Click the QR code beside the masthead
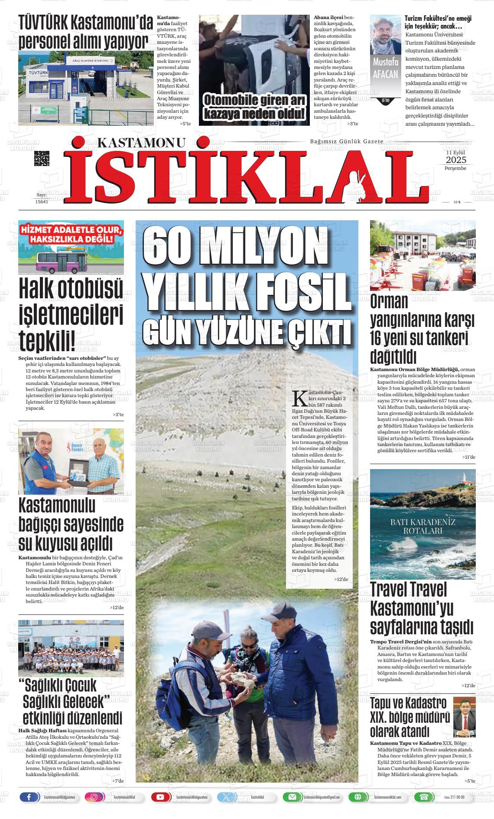point(42,159)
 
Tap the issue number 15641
point(41,202)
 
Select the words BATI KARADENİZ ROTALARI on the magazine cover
point(422,526)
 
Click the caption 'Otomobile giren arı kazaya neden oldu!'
point(254,107)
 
